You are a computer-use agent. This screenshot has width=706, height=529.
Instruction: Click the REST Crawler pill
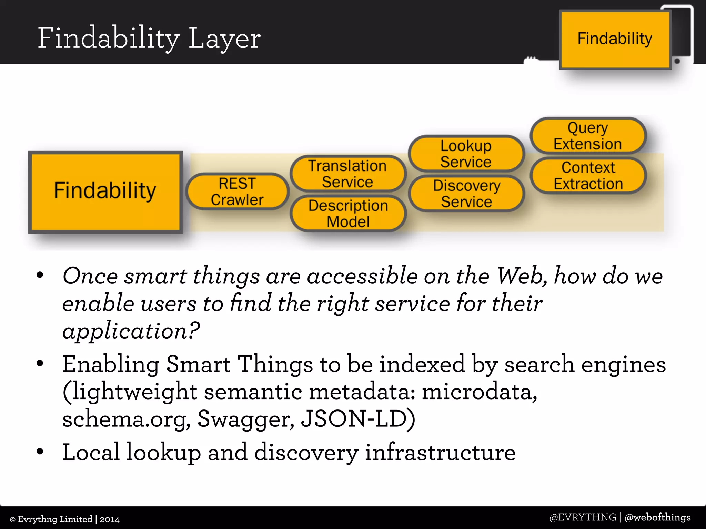point(237,191)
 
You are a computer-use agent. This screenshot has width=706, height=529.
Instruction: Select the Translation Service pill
point(347,174)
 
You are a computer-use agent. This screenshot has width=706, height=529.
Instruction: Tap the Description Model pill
point(348,213)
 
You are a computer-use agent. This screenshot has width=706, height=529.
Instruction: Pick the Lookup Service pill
point(466,154)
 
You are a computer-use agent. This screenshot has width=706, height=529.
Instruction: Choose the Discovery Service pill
point(466,193)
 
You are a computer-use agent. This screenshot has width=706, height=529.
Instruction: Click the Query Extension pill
point(588,135)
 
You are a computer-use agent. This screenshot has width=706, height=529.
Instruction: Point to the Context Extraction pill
point(588,175)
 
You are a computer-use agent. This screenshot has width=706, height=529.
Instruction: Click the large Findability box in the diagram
point(105,191)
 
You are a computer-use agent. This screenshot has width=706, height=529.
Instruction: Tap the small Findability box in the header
point(615,39)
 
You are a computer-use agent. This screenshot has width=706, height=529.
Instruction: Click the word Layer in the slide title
point(224,39)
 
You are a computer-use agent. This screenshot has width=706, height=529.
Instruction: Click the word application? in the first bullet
point(131,331)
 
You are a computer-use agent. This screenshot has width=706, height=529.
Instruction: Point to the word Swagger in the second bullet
point(246,419)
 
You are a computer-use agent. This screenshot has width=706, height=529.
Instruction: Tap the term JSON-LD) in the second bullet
point(358,419)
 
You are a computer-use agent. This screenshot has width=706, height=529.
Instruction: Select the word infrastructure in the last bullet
point(440,452)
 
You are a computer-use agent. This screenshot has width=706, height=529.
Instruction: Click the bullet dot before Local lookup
point(40,452)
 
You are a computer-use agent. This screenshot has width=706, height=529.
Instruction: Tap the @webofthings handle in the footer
point(657,517)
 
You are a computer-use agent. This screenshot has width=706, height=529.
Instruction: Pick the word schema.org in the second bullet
point(126,419)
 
